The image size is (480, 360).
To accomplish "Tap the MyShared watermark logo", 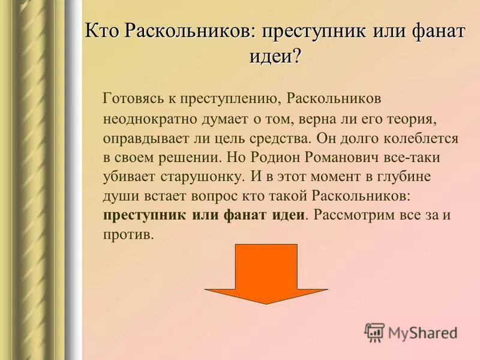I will [411, 332].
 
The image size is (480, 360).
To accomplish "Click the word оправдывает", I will [141, 137].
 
